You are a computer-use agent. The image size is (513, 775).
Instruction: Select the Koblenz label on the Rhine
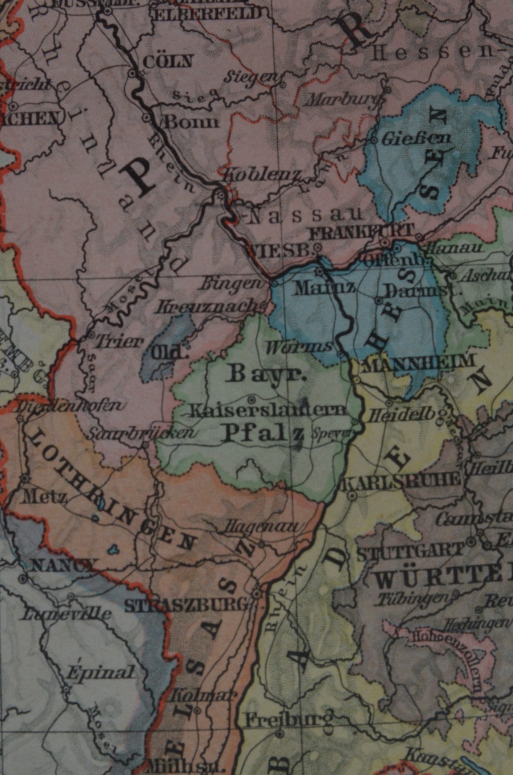[x=261, y=177]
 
